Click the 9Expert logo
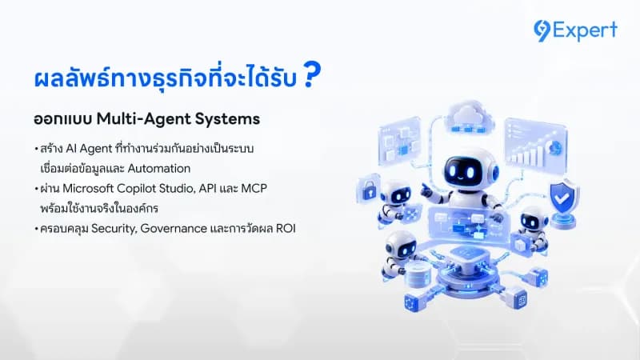575,30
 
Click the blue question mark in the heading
312,74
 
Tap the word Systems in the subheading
227,119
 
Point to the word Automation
159,168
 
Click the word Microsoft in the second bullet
88,188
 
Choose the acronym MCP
254,188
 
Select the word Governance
174,228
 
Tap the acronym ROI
286,228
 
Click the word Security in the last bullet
114,229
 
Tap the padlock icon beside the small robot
369,190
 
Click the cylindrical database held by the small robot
417,274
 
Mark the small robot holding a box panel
530,229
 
